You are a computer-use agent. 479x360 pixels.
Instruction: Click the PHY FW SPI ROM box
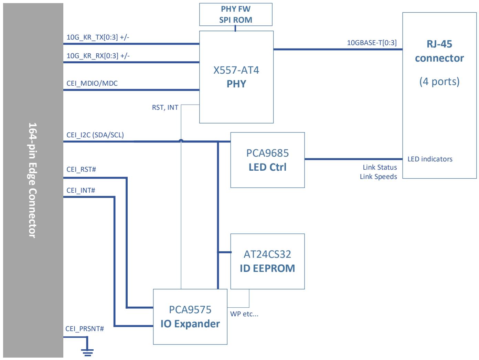pyautogui.click(x=236, y=14)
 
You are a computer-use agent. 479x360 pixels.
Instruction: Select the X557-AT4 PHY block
pyautogui.click(x=236, y=77)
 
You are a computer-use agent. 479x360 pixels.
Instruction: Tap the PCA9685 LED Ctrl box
pyautogui.click(x=267, y=160)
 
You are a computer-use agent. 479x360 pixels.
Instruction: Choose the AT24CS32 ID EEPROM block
pyautogui.click(x=267, y=261)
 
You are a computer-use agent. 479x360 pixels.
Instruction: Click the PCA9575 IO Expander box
pyautogui.click(x=190, y=317)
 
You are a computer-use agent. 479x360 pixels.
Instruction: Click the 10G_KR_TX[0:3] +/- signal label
pyautogui.click(x=98, y=37)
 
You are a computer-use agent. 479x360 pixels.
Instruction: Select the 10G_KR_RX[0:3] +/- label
pyautogui.click(x=98, y=56)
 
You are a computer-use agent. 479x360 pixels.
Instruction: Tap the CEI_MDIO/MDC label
pyautogui.click(x=92, y=83)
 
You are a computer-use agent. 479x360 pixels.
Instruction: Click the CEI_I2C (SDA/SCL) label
pyautogui.click(x=95, y=135)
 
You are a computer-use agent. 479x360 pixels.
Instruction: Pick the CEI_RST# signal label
pyautogui.click(x=81, y=169)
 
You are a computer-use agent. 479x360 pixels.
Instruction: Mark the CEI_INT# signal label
pyautogui.click(x=81, y=190)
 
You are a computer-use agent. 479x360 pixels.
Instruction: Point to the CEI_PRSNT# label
pyautogui.click(x=85, y=329)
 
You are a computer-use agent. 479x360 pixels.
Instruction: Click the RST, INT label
pyautogui.click(x=165, y=108)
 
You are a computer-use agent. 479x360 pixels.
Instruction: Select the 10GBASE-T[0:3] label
pyautogui.click(x=372, y=43)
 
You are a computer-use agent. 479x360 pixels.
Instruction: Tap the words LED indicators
pyautogui.click(x=430, y=159)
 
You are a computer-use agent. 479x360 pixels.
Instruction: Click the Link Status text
pyautogui.click(x=380, y=167)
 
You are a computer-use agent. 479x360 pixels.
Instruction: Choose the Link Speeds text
pyautogui.click(x=379, y=177)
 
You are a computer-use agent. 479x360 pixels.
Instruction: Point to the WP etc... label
pyautogui.click(x=244, y=314)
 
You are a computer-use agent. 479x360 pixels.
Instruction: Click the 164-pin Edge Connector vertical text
pyautogui.click(x=33, y=180)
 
